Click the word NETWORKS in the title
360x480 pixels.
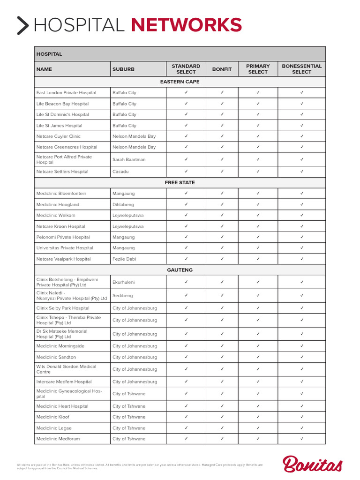(187, 25)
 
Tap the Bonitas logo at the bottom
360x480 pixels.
(313, 464)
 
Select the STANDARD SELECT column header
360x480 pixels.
(186, 69)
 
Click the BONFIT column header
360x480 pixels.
(222, 69)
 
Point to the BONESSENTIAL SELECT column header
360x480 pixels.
(301, 69)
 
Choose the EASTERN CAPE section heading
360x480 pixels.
(180, 82)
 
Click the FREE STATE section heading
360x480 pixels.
(180, 182)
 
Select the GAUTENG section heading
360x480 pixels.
(180, 270)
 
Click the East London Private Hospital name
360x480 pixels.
(66, 93)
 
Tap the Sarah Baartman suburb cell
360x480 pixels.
(129, 159)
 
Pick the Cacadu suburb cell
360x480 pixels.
(120, 172)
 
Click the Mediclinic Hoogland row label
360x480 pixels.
(58, 204)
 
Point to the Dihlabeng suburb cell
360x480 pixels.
(123, 204)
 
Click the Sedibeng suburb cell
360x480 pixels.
(122, 296)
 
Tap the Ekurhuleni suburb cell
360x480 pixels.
(124, 282)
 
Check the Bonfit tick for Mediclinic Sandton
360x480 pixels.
(222, 357)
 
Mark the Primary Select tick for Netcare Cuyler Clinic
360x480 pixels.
(258, 136)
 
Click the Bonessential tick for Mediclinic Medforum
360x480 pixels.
(301, 438)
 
